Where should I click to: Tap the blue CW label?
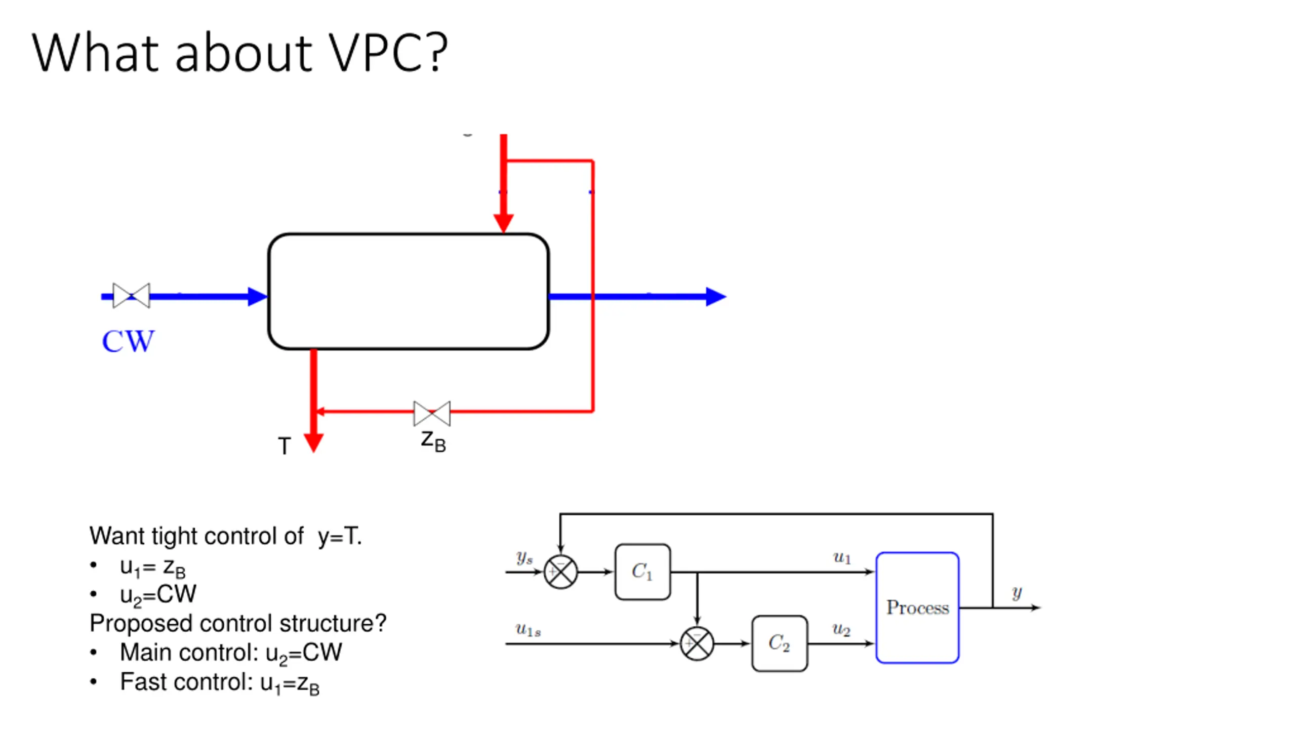[128, 341]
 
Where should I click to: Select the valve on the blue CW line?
[131, 296]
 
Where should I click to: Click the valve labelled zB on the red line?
[431, 413]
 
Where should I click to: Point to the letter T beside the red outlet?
[285, 446]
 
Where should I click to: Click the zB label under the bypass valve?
[433, 441]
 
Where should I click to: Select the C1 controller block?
[642, 572]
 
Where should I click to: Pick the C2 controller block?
[779, 643]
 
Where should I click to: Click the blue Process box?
[917, 607]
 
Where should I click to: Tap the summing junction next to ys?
[560, 572]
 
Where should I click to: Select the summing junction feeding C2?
[697, 644]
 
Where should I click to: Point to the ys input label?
[524, 557]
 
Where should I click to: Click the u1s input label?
[528, 630]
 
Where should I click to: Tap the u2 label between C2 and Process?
[841, 629]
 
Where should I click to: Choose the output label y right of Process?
[1017, 593]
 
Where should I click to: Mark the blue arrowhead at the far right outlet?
[716, 297]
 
